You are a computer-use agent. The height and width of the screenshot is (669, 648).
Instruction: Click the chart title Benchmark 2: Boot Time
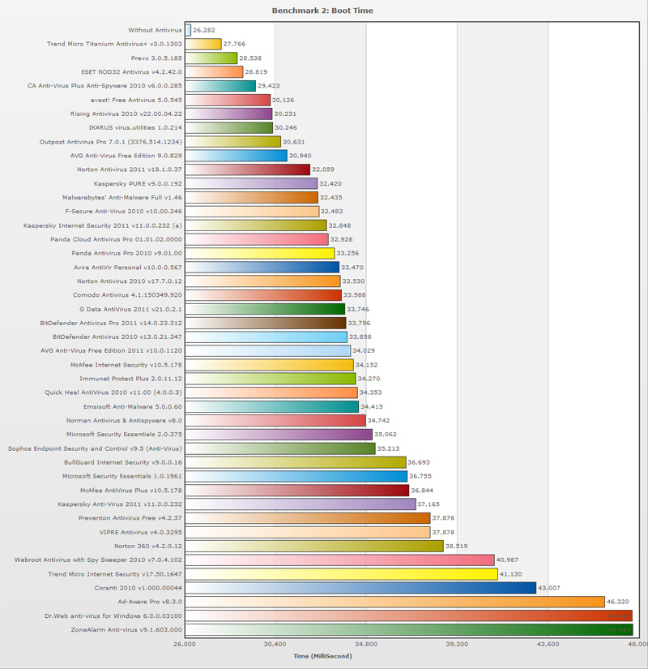click(x=323, y=11)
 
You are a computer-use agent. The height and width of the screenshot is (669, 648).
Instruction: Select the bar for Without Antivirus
click(x=188, y=30)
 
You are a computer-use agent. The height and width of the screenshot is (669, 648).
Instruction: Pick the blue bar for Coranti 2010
click(x=360, y=587)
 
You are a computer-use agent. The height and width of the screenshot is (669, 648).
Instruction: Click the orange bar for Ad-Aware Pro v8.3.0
click(x=394, y=602)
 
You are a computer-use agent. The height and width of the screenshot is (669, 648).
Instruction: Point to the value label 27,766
click(x=234, y=45)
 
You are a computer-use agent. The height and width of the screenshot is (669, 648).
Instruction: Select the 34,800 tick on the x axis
click(x=366, y=644)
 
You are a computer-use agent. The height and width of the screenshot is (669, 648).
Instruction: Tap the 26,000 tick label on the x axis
click(x=185, y=644)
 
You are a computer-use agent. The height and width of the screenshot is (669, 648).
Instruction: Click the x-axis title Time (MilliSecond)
click(x=322, y=655)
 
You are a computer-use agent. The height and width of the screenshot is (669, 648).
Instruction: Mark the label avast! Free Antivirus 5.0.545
click(x=136, y=100)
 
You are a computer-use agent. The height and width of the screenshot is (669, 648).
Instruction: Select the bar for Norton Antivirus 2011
click(x=247, y=169)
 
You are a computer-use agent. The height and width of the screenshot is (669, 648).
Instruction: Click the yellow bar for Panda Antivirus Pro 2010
click(x=259, y=253)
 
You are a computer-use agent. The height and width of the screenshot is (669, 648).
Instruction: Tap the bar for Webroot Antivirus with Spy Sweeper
click(x=339, y=560)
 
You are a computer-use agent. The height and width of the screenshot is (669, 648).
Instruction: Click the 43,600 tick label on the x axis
click(x=548, y=644)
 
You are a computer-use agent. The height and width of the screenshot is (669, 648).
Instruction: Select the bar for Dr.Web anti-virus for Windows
click(x=408, y=615)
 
